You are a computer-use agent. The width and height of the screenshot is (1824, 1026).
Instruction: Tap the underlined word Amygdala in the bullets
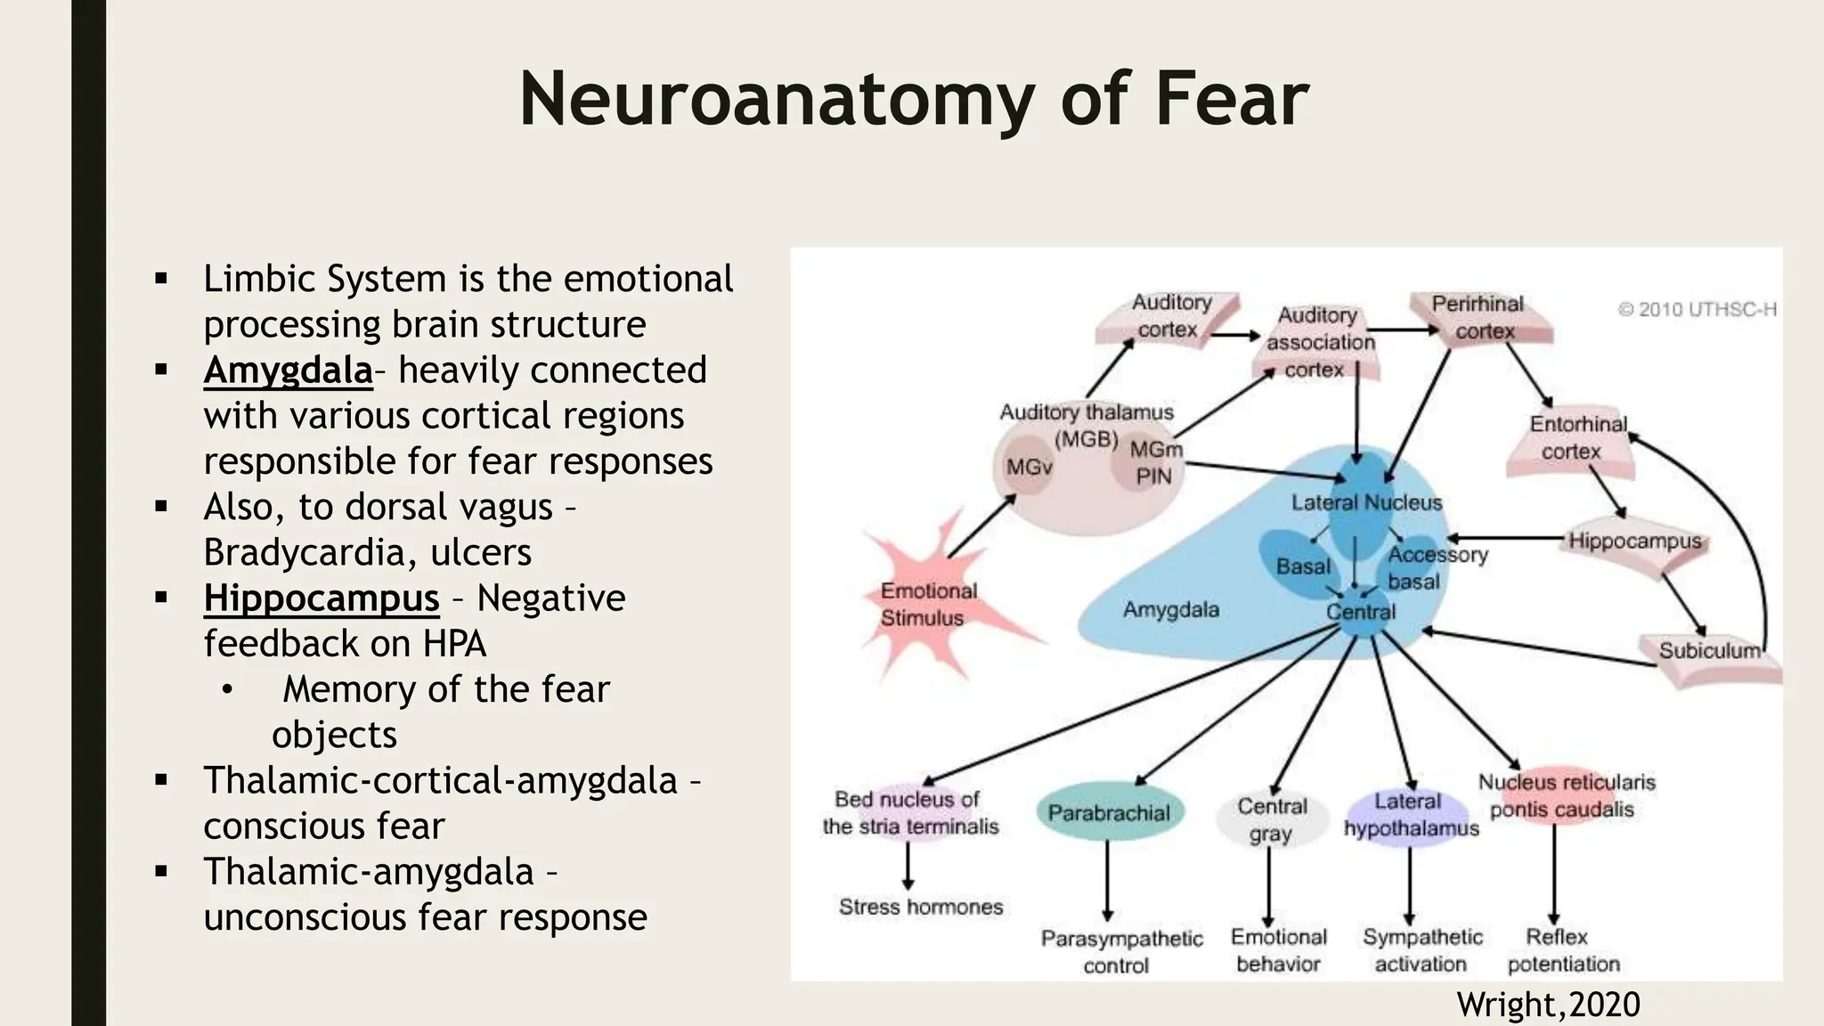[288, 370]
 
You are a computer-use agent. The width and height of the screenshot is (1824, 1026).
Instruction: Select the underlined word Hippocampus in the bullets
[321, 598]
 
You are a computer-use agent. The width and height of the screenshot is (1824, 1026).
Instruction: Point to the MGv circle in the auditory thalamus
[1028, 467]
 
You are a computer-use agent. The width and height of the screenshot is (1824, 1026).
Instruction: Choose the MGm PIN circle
[1154, 463]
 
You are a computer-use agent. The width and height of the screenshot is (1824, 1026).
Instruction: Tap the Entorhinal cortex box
[1576, 438]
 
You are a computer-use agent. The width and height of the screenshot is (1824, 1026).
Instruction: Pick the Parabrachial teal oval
[1108, 813]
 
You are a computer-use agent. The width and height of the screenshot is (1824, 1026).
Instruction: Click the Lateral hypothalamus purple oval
[1409, 815]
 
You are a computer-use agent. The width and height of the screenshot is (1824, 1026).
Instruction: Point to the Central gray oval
[1270, 819]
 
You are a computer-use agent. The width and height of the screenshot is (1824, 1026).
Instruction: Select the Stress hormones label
[920, 907]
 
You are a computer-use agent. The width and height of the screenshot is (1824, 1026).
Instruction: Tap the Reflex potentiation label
[1562, 950]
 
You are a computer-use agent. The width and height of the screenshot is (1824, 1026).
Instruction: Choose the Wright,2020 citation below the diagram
[1548, 1005]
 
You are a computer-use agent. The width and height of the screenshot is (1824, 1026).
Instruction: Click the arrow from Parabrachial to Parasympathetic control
[1107, 882]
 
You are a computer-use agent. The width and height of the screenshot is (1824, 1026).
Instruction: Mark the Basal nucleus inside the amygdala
[1302, 566]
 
